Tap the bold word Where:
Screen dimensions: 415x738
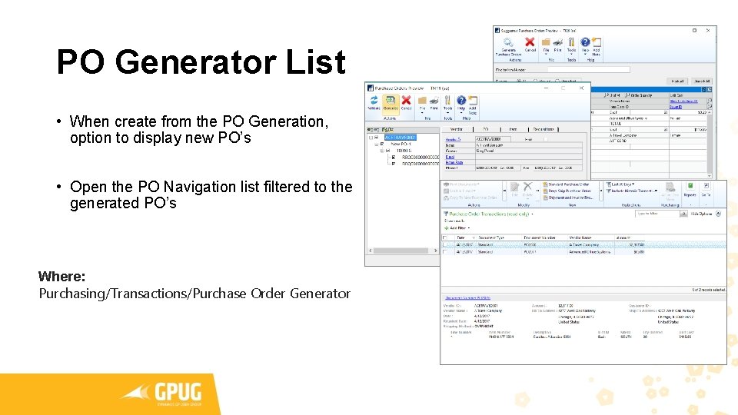pyautogui.click(x=61, y=276)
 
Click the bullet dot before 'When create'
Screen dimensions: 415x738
pyautogui.click(x=58, y=121)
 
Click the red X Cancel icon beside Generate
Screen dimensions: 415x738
pyautogui.click(x=407, y=101)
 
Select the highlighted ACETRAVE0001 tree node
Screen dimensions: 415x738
pyautogui.click(x=400, y=138)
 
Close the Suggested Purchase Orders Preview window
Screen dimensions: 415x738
pyautogui.click(x=709, y=31)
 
